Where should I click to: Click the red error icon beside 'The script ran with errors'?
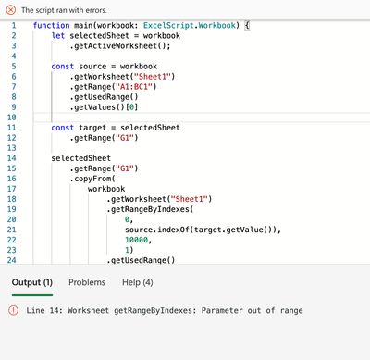click(11, 8)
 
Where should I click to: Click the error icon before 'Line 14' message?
click(14, 311)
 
